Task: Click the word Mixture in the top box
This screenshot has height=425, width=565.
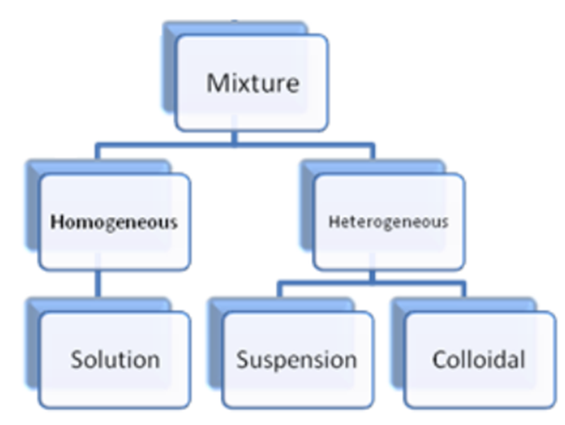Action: click(x=252, y=84)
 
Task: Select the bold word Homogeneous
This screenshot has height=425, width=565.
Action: click(x=114, y=222)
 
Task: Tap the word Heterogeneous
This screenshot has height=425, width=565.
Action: click(x=388, y=221)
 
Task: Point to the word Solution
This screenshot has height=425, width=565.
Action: click(x=115, y=359)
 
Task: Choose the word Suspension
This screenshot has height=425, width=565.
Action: click(x=296, y=359)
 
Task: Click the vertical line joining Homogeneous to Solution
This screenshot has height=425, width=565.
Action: click(x=97, y=285)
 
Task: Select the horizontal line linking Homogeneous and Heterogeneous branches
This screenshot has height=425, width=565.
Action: click(x=234, y=148)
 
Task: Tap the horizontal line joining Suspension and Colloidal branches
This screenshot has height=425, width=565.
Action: click(x=373, y=282)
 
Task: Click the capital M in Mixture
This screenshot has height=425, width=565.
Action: click(x=216, y=84)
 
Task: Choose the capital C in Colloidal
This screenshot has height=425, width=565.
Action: click(x=439, y=359)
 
